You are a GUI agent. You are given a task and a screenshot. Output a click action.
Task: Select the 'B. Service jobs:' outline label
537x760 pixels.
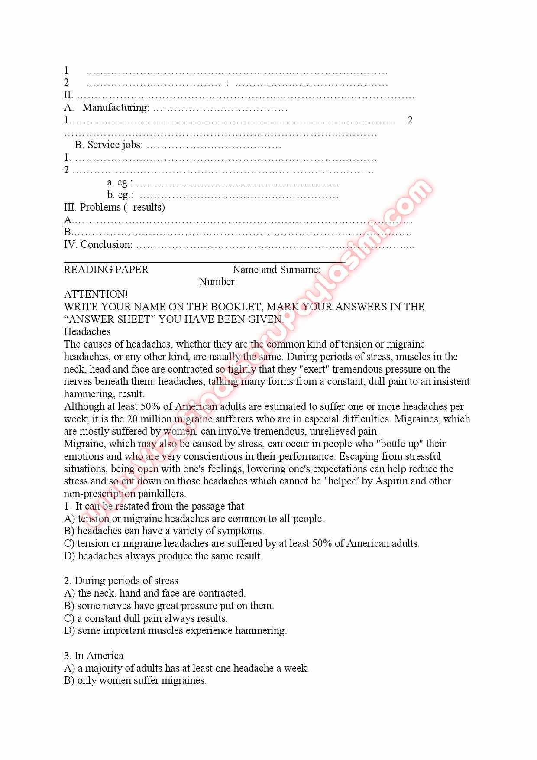tap(108, 145)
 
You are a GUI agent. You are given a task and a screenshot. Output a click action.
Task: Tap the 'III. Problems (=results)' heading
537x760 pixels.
tap(114, 207)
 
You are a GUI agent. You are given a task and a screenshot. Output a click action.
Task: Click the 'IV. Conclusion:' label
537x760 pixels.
tap(98, 244)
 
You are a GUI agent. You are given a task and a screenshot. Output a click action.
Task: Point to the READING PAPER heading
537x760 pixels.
tap(106, 270)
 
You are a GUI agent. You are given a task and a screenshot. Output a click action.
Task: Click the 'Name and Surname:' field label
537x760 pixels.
tap(276, 270)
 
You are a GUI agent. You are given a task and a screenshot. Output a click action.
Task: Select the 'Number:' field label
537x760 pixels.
tap(218, 282)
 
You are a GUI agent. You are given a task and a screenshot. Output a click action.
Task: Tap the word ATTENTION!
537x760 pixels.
tap(96, 294)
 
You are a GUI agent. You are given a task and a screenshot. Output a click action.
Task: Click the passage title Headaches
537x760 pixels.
tap(87, 331)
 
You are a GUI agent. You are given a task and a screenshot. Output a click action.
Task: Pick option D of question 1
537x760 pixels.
tap(163, 556)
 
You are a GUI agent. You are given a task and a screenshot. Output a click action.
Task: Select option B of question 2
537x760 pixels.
tap(169, 606)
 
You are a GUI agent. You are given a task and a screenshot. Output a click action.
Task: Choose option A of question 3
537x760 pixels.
tap(186, 668)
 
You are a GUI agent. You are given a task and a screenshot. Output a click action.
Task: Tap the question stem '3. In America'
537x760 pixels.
tap(94, 656)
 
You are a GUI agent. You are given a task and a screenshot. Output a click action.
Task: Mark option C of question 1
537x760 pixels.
tap(242, 543)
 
